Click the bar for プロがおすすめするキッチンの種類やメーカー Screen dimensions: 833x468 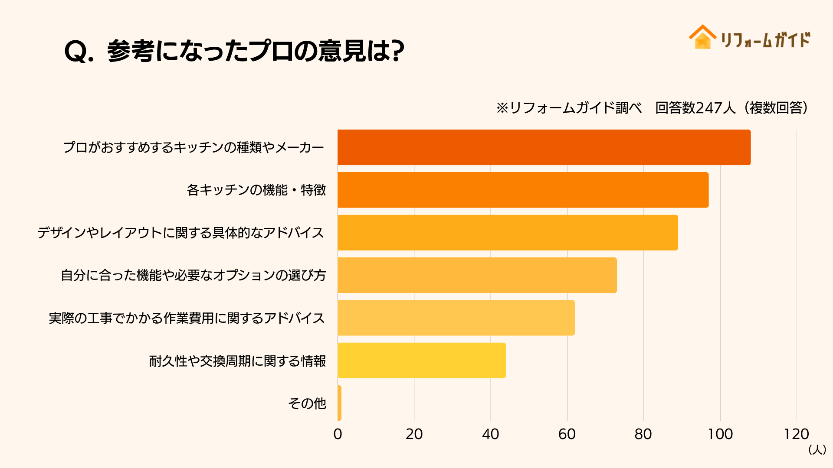pos(544,147)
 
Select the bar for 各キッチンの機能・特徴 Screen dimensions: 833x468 pos(523,190)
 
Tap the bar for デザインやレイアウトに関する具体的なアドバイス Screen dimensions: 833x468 pos(508,233)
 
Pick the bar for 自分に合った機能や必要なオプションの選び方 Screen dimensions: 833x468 pos(477,275)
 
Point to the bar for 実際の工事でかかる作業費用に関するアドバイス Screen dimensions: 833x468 pos(456,318)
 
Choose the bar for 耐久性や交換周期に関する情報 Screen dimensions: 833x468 pos(422,361)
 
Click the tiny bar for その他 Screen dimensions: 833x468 pos(339,403)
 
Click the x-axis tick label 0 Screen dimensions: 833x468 pos(338,434)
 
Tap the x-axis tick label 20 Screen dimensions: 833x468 pos(414,434)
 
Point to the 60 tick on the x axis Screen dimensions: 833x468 pos(567,434)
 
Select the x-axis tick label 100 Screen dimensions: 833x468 pos(720,434)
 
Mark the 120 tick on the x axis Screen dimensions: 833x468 pos(797,434)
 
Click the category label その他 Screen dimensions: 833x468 pos(307,403)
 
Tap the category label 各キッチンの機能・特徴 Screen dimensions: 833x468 pos(256,190)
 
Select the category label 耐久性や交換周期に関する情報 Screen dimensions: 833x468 pos(238,361)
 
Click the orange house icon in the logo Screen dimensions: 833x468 pos(702,37)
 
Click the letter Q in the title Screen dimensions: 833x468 pos(76,52)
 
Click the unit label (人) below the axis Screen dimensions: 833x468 pos(817,450)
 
